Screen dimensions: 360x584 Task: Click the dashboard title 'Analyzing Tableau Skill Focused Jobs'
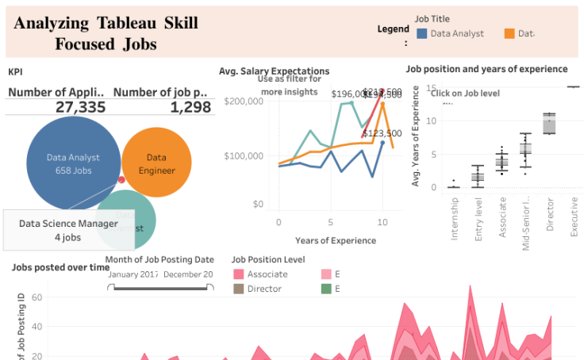(x=106, y=33)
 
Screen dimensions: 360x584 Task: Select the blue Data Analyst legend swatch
(x=422, y=34)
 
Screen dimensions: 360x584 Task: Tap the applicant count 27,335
(x=80, y=107)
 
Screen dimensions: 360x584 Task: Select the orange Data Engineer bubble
(x=157, y=163)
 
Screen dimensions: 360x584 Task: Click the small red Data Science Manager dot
(x=121, y=180)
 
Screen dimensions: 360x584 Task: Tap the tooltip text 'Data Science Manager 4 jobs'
(x=68, y=230)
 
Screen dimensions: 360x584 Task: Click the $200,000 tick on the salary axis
(x=244, y=101)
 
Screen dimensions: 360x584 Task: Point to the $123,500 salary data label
(x=382, y=133)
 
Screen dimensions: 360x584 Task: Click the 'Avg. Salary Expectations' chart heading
(x=274, y=71)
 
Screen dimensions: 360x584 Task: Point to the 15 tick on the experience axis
(x=431, y=88)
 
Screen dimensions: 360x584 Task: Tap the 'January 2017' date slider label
(x=133, y=274)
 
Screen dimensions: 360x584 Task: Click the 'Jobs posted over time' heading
(x=60, y=267)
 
